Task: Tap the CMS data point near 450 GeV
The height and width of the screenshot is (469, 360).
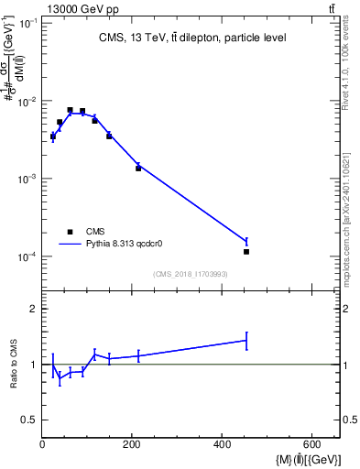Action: (x=246, y=251)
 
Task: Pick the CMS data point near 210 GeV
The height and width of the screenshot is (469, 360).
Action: (x=138, y=169)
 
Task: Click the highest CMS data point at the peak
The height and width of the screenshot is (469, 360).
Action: (x=70, y=110)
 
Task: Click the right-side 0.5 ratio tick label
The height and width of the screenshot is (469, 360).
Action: (x=349, y=420)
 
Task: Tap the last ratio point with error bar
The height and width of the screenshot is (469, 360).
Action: (x=246, y=340)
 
